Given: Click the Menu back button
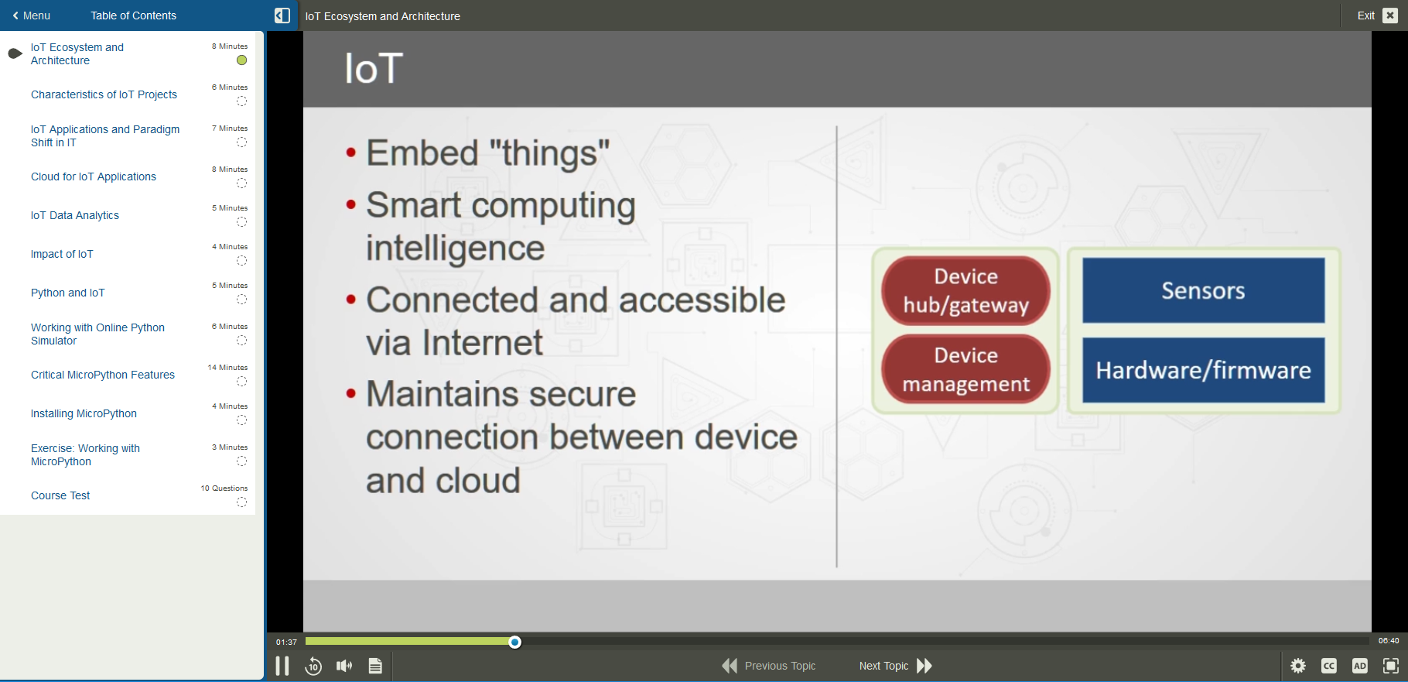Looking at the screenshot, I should point(31,15).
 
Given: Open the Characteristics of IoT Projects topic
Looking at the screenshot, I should point(104,94).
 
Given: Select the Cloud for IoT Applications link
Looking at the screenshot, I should point(94,176).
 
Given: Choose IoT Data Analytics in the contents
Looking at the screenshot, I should point(75,215).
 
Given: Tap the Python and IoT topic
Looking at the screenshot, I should point(68,293).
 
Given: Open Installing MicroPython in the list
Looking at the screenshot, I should point(84,413).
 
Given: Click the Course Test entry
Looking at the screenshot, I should point(60,495).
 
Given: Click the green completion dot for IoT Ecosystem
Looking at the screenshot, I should point(241,60).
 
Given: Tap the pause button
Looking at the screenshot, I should point(282,666).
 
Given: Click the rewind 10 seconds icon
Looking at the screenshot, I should point(313,666).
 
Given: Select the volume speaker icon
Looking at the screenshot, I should point(344,666).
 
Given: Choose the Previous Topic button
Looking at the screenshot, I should point(769,666).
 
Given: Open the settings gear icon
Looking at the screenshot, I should point(1298,666).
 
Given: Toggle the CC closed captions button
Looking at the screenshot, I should point(1329,666).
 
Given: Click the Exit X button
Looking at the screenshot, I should point(1390,15).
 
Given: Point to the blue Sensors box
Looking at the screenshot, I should point(1203,290).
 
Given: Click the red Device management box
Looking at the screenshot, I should point(965,369).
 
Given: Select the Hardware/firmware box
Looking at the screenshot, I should point(1203,370).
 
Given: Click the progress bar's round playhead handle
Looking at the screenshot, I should point(515,642).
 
